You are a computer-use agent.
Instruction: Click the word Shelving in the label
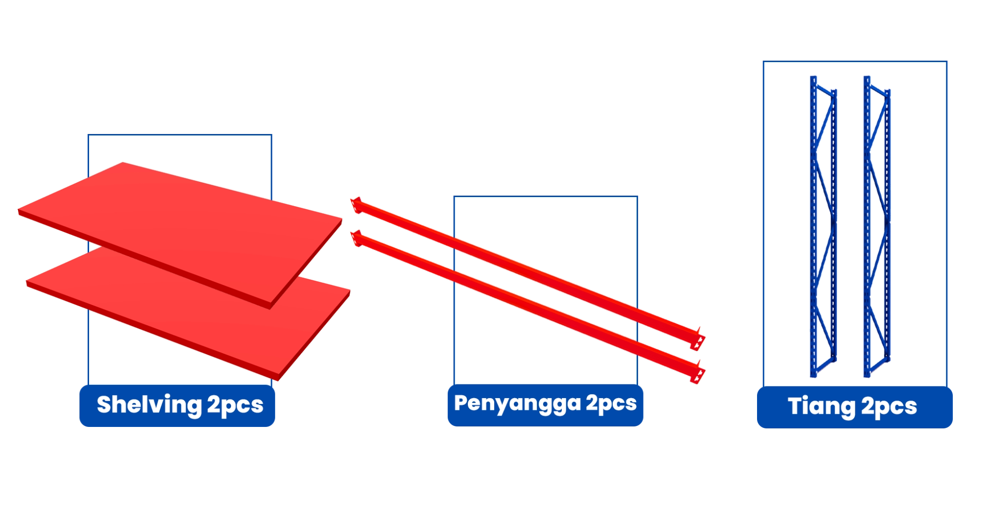[149, 405]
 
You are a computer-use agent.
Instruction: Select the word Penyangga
[517, 404]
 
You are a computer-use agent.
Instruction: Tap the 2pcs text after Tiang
[889, 407]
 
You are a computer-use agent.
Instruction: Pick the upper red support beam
[529, 269]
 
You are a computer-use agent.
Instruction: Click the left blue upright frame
[823, 225]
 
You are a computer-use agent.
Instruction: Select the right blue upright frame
[877, 225]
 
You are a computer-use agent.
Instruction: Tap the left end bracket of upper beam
[356, 205]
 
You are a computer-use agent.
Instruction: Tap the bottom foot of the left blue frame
[813, 374]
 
